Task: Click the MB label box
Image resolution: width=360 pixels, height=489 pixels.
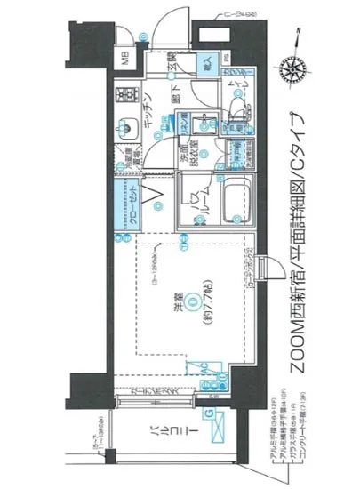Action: [x=125, y=63]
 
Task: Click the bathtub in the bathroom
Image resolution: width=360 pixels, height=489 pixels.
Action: [x=233, y=204]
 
